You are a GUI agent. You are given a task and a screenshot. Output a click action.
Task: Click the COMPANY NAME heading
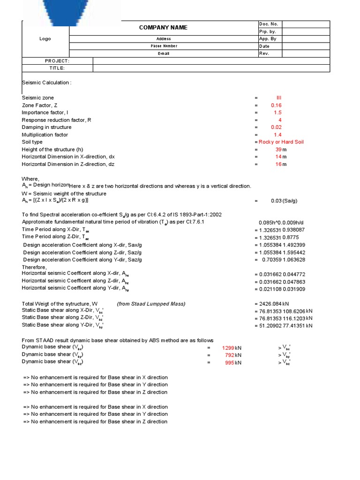[x=163, y=28]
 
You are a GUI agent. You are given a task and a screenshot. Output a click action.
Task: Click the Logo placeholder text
[x=45, y=39]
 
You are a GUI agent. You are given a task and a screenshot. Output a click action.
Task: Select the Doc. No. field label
[x=268, y=24]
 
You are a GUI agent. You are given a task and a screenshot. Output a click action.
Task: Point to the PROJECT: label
[x=57, y=61]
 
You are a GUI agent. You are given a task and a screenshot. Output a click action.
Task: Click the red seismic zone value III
[x=279, y=98]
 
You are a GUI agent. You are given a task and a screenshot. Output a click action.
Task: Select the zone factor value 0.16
[x=277, y=105]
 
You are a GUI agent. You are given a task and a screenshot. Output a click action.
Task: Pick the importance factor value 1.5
[x=277, y=112]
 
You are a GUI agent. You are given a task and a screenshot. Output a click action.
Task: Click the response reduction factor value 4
[x=280, y=120]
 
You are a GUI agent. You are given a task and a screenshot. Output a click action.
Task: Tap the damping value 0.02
[x=277, y=127]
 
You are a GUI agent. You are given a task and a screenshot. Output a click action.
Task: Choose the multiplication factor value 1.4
[x=277, y=135]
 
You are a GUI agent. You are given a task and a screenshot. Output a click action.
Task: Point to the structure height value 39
[x=278, y=150]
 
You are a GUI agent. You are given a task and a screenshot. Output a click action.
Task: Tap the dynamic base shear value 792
[x=230, y=355]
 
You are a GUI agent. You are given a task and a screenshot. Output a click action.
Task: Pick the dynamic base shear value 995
[x=230, y=362]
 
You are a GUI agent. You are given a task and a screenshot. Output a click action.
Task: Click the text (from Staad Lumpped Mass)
[x=151, y=304]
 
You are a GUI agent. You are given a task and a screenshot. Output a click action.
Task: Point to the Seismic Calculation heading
[x=46, y=82]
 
